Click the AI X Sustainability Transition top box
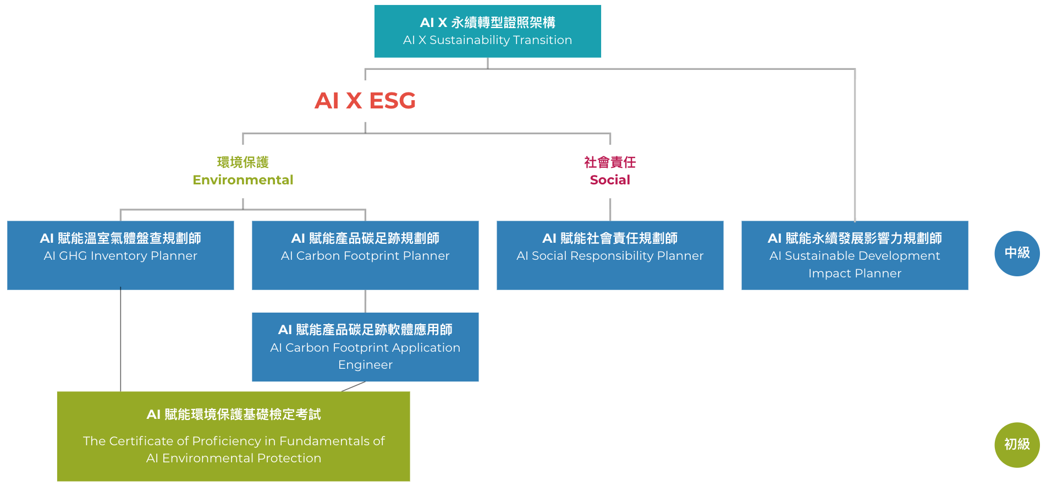pos(487,31)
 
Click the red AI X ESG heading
pos(365,101)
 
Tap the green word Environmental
pos(243,180)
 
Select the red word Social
pos(610,180)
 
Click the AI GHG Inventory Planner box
pos(120,255)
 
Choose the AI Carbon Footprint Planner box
pos(365,255)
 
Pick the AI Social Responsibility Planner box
pos(610,255)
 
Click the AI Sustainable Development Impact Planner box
pos(855,255)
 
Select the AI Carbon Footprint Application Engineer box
pos(365,347)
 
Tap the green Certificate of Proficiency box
pos(233,436)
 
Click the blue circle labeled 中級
pos(1017,253)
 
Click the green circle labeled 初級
pos(1017,445)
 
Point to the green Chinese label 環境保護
pos(243,162)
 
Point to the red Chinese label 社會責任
pos(610,162)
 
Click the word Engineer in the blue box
pos(365,365)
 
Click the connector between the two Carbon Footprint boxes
pos(365,301)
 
